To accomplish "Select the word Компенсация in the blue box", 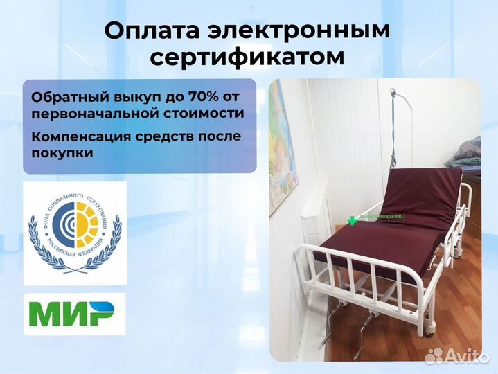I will [x=76, y=136].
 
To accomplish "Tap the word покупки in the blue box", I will [x=62, y=152].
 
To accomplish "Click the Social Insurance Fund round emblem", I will [x=74, y=233].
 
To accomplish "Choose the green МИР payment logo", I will [x=74, y=314].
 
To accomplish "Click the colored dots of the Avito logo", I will [x=434, y=355].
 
